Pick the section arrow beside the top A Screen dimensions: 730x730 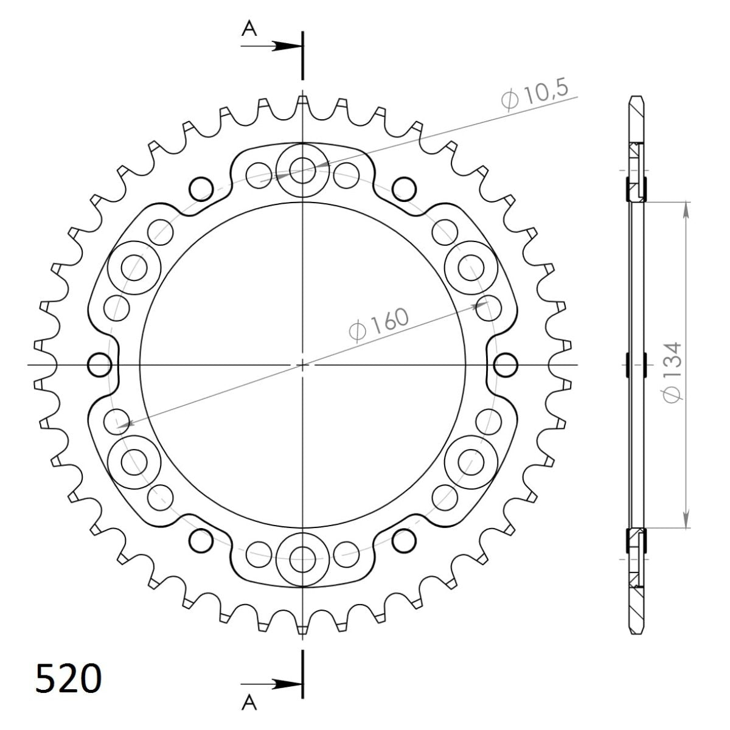[x=283, y=46]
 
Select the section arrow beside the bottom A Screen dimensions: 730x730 [x=283, y=684]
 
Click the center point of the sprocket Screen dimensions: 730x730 [x=302, y=365]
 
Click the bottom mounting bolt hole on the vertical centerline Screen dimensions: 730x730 [x=302, y=557]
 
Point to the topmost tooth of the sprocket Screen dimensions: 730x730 [x=302, y=101]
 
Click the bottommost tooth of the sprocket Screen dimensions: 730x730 [x=302, y=629]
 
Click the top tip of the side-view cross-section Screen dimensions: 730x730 [x=636, y=99]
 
